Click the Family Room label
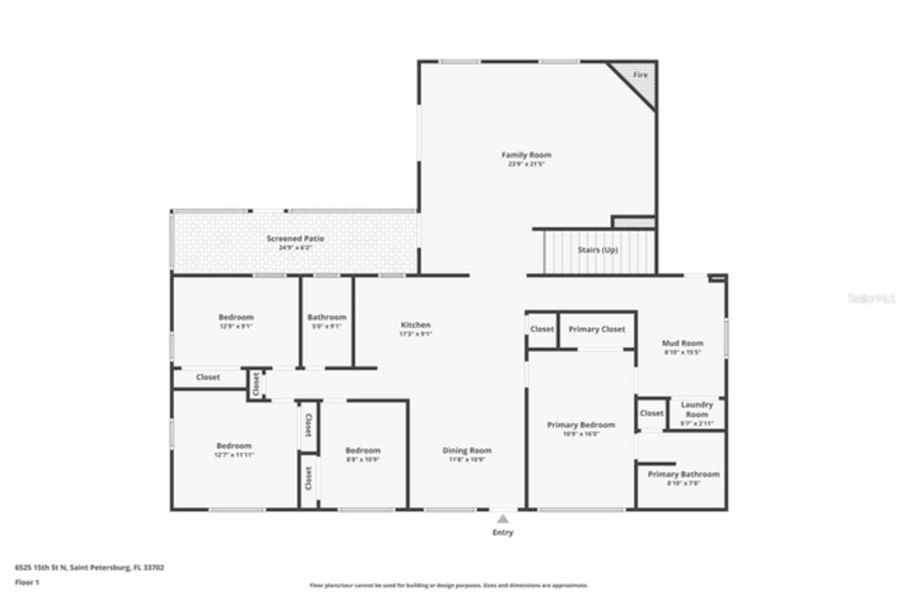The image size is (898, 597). [x=525, y=155]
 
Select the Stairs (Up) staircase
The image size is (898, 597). [x=598, y=250]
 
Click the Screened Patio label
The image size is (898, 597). [x=295, y=239]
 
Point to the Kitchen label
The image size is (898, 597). [x=415, y=325]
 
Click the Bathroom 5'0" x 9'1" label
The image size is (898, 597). [x=326, y=317]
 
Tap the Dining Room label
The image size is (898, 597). [x=467, y=451]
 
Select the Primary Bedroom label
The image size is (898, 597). [x=581, y=425]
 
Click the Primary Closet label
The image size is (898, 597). [x=596, y=329]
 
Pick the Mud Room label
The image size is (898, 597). [x=682, y=343]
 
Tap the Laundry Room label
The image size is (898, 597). [x=697, y=409]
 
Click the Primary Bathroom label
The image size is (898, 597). [x=683, y=474]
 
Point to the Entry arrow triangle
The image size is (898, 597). [x=502, y=519]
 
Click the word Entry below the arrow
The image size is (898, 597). [x=502, y=533]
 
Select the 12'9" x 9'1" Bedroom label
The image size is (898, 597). [x=236, y=317]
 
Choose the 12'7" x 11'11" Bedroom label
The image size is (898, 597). [x=234, y=446]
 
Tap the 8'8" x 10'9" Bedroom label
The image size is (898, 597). [x=363, y=451]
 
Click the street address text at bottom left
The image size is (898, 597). [x=89, y=568]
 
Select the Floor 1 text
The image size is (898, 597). [x=27, y=582]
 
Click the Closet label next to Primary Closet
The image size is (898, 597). [x=542, y=329]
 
